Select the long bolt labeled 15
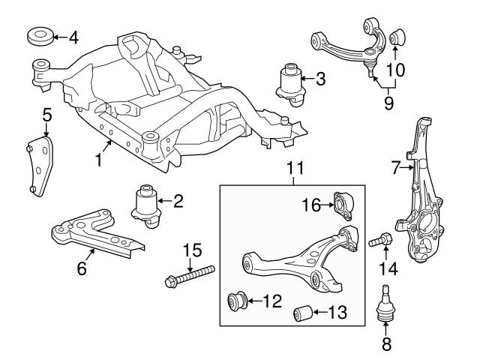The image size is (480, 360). coord(190,275)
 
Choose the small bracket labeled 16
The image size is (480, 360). coord(343,202)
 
